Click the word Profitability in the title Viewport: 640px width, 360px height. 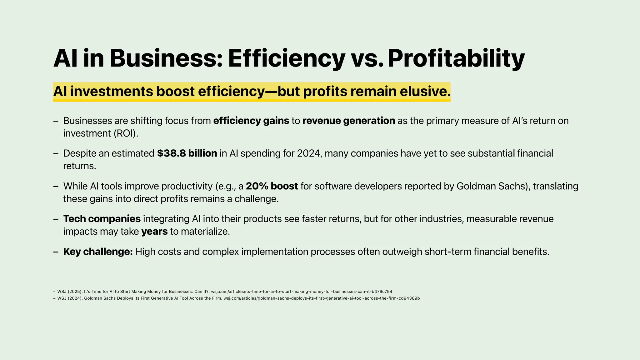tap(456, 58)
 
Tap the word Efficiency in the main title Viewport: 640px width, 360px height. tap(286, 58)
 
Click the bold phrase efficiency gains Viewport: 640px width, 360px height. tap(251, 121)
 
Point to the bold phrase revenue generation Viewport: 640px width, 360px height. tap(348, 121)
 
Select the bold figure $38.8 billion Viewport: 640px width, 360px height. tap(187, 153)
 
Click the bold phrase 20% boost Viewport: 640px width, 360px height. tap(272, 186)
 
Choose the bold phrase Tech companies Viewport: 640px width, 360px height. tap(102, 219)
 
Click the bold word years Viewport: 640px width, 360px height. tap(154, 232)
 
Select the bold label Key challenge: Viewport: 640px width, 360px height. tap(98, 252)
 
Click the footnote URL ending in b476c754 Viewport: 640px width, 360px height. tap(301, 292)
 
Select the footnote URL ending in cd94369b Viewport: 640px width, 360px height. tap(322, 298)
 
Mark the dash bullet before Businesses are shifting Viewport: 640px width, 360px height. tap(56, 121)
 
